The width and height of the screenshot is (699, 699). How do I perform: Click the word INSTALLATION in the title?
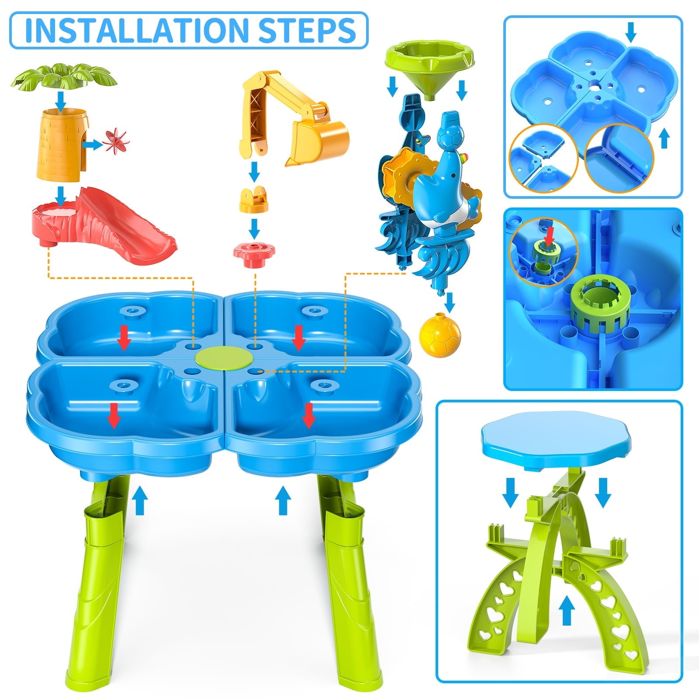pyautogui.click(x=133, y=29)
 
